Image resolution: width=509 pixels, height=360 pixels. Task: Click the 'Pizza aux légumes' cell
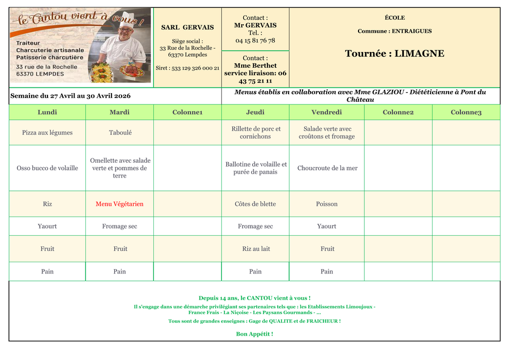tap(48, 133)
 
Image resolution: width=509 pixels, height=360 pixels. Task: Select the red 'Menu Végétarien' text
tap(119, 204)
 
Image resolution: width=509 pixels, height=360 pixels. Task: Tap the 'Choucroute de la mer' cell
tap(327, 168)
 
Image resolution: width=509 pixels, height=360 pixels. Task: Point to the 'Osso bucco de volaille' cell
tap(48, 168)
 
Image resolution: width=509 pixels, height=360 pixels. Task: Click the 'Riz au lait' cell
tap(255, 249)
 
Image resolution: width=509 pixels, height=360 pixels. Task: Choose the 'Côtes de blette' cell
tap(255, 204)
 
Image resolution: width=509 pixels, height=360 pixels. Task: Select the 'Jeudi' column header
tap(255, 112)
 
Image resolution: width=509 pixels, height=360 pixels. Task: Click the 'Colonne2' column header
tap(398, 112)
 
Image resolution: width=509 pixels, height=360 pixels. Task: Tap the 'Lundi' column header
tap(48, 112)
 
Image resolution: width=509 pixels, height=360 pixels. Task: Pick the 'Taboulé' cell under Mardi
tap(120, 133)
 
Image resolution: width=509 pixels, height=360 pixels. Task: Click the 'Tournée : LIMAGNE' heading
tap(395, 54)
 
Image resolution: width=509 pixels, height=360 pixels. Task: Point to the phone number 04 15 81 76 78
tap(255, 41)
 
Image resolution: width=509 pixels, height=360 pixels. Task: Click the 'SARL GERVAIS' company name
tap(188, 27)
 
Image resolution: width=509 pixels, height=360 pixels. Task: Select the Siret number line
tap(188, 68)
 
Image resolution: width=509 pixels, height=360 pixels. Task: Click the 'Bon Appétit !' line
tap(255, 334)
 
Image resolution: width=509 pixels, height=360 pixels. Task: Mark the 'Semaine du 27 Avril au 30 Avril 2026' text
tap(70, 96)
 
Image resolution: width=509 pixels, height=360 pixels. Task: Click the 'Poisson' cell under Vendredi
tap(327, 204)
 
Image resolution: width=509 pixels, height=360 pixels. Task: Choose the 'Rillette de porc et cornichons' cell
tap(256, 133)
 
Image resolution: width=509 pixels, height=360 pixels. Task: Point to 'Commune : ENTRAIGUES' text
tap(395, 31)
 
